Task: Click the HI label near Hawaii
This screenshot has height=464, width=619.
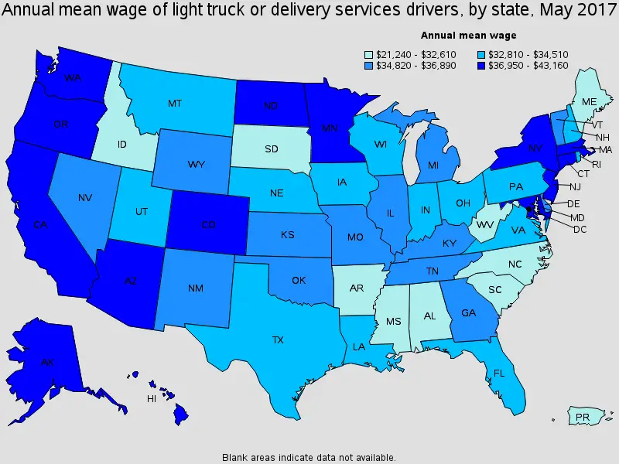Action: click(x=152, y=399)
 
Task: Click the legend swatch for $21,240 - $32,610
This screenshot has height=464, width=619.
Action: click(x=369, y=54)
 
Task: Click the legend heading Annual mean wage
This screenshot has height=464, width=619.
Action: click(x=468, y=35)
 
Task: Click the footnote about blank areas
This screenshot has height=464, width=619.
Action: click(x=309, y=456)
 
